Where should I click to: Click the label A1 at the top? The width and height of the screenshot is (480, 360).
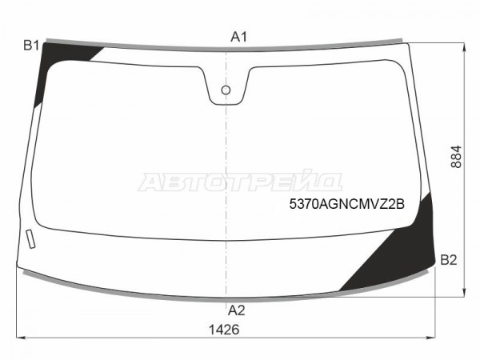[238, 37]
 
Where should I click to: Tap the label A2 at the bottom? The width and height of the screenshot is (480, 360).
[236, 310]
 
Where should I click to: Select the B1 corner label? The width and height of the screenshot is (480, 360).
[31, 46]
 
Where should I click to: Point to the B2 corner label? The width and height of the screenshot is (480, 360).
[449, 260]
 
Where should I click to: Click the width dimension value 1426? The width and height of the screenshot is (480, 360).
[224, 330]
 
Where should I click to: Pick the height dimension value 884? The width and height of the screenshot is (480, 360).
[456, 157]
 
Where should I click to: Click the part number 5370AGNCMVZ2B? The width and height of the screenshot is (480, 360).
[347, 204]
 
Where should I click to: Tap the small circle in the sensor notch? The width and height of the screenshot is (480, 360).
[226, 90]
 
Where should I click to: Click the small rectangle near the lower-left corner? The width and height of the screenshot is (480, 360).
[30, 238]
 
